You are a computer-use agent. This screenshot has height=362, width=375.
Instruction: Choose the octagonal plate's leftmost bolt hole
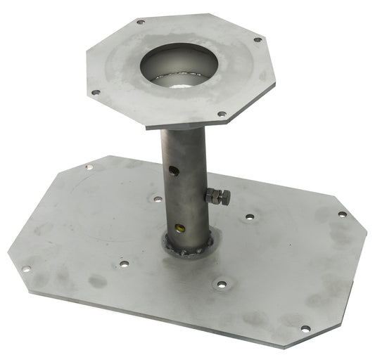click(96, 92)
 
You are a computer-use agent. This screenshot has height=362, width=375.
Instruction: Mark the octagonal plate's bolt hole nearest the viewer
click(221, 113)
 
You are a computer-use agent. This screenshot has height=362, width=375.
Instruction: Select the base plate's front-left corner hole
click(27, 269)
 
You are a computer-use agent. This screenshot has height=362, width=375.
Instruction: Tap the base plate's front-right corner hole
click(305, 328)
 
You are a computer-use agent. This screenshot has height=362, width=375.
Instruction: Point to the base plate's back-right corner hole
click(341, 214)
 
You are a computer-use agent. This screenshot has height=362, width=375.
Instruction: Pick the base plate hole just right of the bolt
click(248, 218)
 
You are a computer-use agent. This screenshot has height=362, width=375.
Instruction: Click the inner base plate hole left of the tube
click(158, 199)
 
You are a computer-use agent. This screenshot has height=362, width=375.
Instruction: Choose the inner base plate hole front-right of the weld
click(221, 285)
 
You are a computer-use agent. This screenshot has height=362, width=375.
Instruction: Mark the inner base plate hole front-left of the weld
click(124, 264)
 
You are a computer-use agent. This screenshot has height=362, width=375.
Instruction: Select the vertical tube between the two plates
click(184, 183)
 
